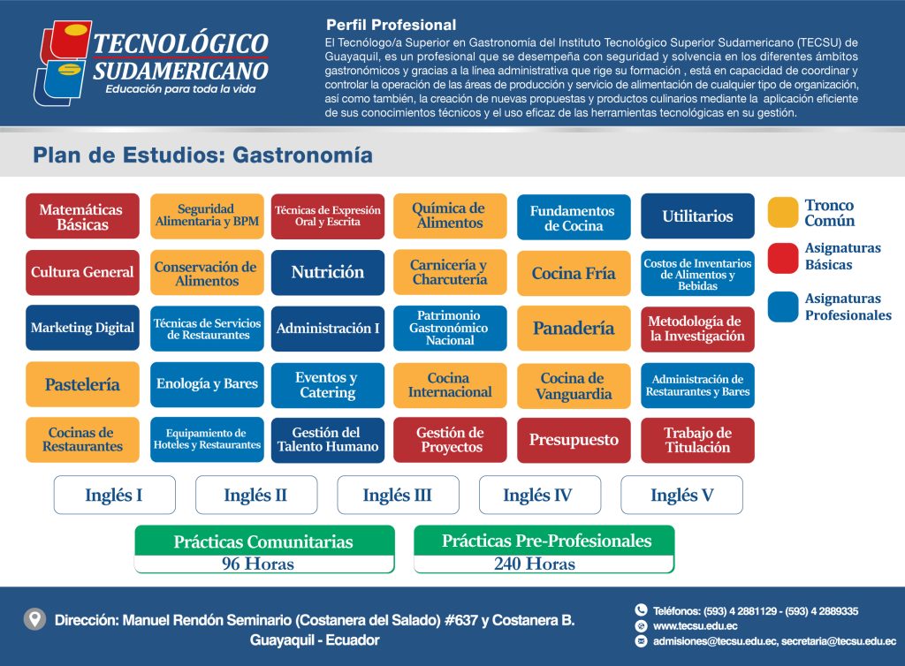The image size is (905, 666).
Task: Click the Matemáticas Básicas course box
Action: (x=82, y=216)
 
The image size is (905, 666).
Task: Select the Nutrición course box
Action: (x=328, y=272)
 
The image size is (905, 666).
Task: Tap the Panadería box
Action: (x=574, y=328)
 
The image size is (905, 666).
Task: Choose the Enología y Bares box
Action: (x=207, y=384)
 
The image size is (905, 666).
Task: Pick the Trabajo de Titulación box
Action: (x=697, y=440)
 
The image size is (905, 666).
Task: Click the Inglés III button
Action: (x=399, y=495)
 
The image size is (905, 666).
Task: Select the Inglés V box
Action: (x=681, y=495)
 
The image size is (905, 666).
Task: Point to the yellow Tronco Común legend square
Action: (x=783, y=212)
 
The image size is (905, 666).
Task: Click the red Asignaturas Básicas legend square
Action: (x=783, y=257)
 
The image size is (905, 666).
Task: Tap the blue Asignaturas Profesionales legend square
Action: (x=783, y=307)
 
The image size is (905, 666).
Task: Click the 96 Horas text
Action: (x=258, y=564)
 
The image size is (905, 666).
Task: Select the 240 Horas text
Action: (x=535, y=564)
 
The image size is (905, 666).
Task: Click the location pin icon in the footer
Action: (x=34, y=619)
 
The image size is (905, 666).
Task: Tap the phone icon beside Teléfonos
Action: (x=641, y=610)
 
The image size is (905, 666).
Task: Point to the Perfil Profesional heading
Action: (x=391, y=25)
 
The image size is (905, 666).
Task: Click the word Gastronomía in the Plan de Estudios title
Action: (x=302, y=155)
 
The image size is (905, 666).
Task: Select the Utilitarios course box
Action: (x=697, y=216)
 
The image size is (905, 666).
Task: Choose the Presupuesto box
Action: (x=574, y=440)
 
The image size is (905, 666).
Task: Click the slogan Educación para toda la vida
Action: (x=180, y=89)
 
